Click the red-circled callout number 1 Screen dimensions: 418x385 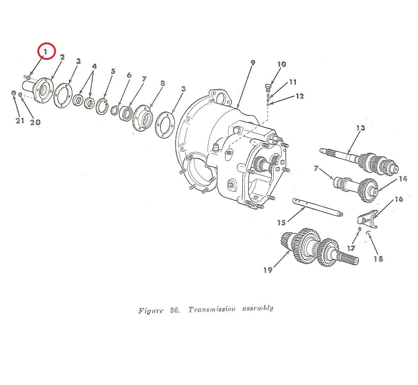pyautogui.click(x=46, y=51)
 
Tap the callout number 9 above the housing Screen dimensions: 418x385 pyautogui.click(x=253, y=63)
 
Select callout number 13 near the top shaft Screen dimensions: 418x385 pyautogui.click(x=360, y=128)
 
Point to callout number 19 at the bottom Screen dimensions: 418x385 pyautogui.click(x=268, y=270)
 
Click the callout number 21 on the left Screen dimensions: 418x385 pyautogui.click(x=20, y=121)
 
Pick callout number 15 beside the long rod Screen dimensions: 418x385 pyautogui.click(x=282, y=223)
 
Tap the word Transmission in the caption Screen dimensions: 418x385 pyautogui.click(x=212, y=309)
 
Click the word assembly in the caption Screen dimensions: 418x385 pyautogui.click(x=258, y=309)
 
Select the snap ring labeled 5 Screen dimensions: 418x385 pyautogui.click(x=102, y=107)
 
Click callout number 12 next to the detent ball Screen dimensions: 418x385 pyautogui.click(x=299, y=96)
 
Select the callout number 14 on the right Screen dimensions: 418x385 pyautogui.click(x=403, y=179)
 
